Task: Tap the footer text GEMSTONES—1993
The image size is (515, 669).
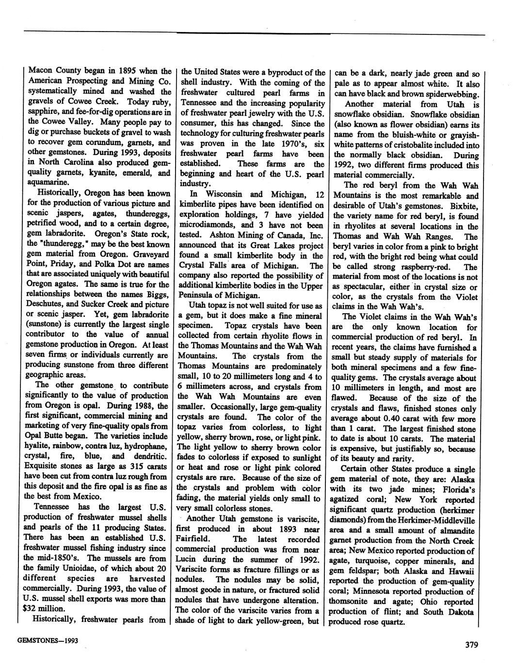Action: (x=48, y=640)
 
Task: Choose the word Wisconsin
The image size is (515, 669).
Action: (x=223, y=194)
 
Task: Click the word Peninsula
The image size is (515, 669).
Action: (x=200, y=295)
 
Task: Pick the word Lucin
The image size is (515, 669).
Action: (x=192, y=559)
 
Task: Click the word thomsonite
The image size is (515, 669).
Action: (x=352, y=602)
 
